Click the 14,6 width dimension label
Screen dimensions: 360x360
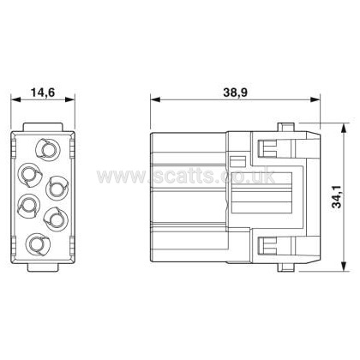pos(43,93)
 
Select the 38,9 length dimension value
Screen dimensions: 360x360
pos(235,93)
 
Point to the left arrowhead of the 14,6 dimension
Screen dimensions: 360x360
pos(15,99)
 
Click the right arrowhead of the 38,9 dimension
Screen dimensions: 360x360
pos(315,99)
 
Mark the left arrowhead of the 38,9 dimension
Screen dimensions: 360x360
pos(155,99)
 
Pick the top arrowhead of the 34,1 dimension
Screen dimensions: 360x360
pos(345,129)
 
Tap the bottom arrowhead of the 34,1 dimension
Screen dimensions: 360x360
pos(345,266)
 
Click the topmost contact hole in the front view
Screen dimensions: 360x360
pos(47,149)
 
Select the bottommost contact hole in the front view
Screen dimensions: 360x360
pos(38,244)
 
